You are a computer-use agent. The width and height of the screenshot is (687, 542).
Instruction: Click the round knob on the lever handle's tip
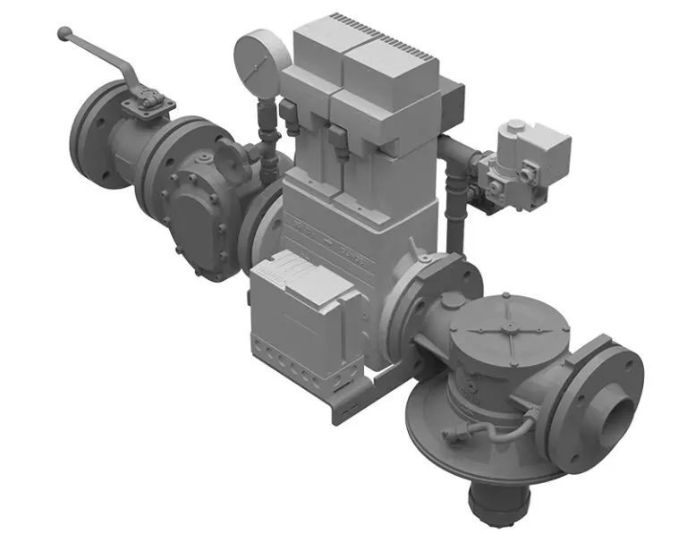(x=63, y=34)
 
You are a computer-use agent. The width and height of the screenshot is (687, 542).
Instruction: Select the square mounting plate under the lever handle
(x=146, y=103)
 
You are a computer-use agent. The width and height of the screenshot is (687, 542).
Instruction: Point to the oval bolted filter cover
(x=196, y=220)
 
